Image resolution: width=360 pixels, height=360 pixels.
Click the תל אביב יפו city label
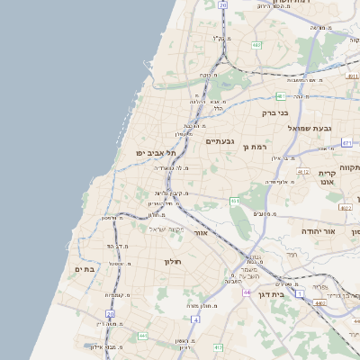(x=154, y=154)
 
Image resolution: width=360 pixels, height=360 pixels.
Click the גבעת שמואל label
(x=306, y=129)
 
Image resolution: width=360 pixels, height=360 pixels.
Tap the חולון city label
(x=173, y=261)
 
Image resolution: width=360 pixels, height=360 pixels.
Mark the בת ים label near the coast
(x=85, y=268)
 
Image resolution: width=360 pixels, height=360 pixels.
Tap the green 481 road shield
(x=282, y=94)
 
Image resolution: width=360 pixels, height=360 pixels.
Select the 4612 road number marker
(x=303, y=171)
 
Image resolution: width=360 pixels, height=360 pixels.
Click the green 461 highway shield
(x=235, y=201)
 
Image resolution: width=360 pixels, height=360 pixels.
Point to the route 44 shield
(x=247, y=292)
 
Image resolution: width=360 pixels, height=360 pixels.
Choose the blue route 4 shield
(x=195, y=319)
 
